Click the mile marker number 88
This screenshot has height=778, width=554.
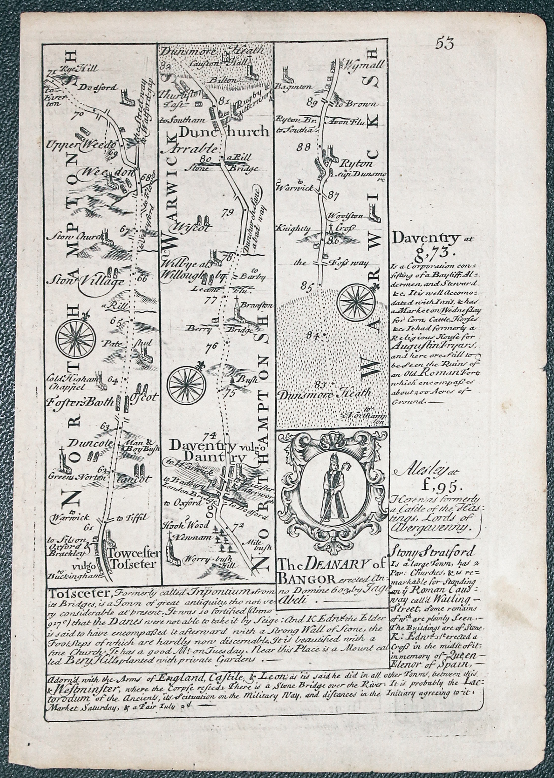coord(304,147)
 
